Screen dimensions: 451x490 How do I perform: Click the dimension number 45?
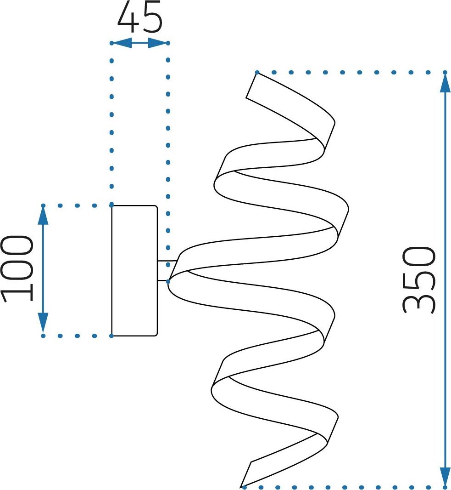pos(140,17)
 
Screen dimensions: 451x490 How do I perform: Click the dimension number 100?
pos(18,269)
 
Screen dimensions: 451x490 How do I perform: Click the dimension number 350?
pos(418,279)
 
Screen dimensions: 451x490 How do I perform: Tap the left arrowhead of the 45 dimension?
pos(122,43)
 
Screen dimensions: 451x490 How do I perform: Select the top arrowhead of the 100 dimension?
pos(43,215)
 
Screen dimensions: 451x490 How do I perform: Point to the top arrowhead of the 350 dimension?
pos(445,82)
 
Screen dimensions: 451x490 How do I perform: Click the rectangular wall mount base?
pos(134,271)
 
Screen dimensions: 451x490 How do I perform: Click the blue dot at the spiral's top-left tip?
pos(257,73)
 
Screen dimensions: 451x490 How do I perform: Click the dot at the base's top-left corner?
pos(111,205)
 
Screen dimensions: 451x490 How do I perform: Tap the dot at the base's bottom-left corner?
pos(111,336)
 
